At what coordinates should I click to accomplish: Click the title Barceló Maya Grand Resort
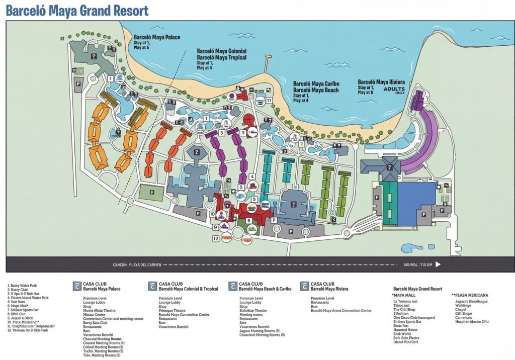click(x=77, y=11)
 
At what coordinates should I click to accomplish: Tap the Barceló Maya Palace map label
click(x=157, y=37)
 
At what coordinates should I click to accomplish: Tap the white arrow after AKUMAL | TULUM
click(x=438, y=264)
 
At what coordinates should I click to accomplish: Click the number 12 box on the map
click(x=216, y=239)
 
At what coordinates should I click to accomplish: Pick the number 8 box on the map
click(x=248, y=220)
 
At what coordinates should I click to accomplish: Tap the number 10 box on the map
click(x=212, y=214)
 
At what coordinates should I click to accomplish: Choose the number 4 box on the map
click(x=252, y=176)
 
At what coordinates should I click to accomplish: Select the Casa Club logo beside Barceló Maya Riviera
click(x=304, y=286)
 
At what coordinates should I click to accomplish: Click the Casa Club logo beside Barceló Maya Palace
click(x=76, y=286)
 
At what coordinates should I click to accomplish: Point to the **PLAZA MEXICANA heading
click(x=470, y=295)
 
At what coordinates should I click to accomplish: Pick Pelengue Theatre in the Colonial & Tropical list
click(x=173, y=311)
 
